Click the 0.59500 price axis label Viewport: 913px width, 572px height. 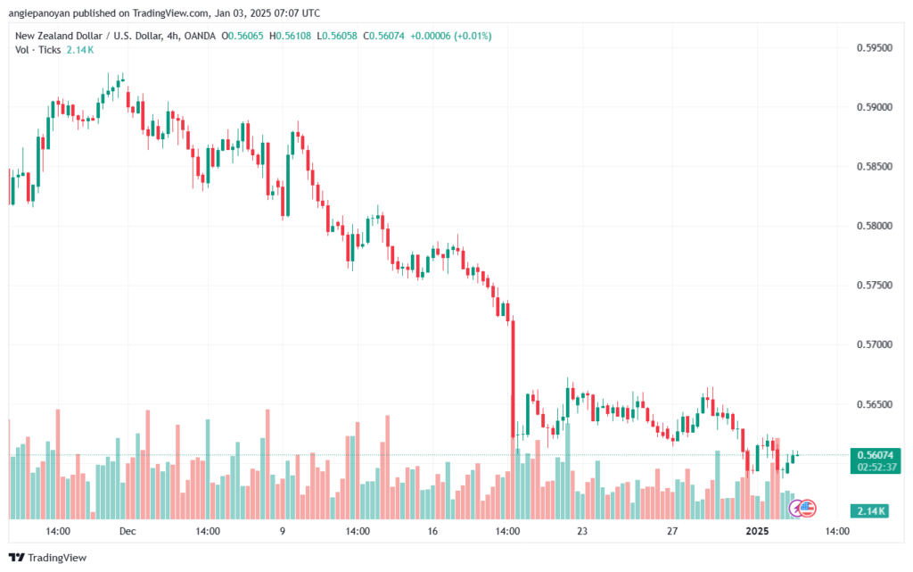tap(874, 48)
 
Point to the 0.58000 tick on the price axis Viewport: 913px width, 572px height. tap(874, 226)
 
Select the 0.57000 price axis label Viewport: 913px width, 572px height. tap(874, 344)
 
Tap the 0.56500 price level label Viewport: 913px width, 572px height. tap(874, 404)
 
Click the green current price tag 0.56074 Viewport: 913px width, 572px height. tap(876, 455)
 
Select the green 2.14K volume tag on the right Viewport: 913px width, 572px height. tap(870, 510)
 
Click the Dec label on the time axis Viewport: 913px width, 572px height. tap(127, 531)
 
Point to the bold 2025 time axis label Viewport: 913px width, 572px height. tap(757, 531)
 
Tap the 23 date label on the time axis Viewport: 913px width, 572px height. tap(582, 531)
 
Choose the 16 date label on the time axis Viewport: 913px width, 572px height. tap(432, 531)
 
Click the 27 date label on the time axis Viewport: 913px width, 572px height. tap(672, 531)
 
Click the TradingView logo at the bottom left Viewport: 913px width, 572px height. tap(48, 558)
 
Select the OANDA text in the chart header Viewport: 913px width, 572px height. tap(200, 36)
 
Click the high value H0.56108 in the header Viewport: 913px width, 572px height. tap(290, 36)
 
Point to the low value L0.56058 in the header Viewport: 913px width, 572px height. tap(337, 36)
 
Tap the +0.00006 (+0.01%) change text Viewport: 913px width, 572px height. tap(450, 36)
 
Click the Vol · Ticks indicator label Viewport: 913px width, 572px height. tap(37, 50)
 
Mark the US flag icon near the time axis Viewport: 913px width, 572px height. tap(807, 509)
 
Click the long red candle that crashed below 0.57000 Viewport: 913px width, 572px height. tap(513, 378)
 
